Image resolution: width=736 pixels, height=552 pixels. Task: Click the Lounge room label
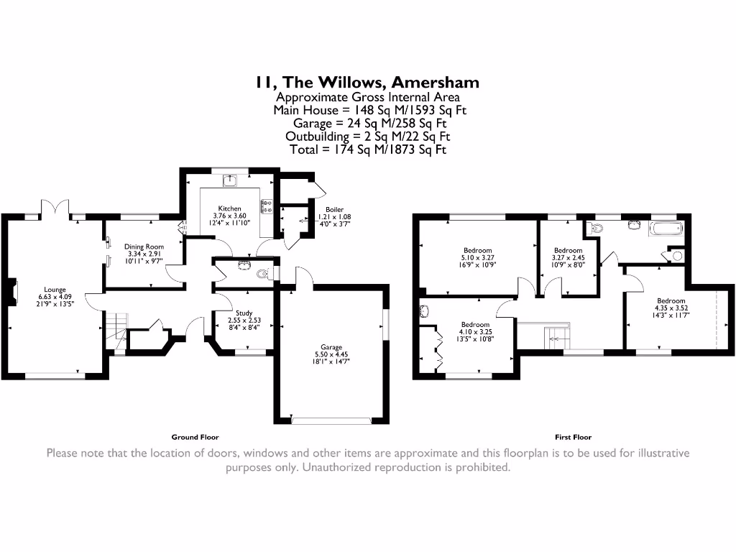click(x=55, y=290)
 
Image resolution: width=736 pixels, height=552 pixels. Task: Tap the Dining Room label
click(x=144, y=247)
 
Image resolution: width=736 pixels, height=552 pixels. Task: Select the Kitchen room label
click(x=229, y=208)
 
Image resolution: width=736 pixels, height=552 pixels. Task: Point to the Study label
click(x=244, y=313)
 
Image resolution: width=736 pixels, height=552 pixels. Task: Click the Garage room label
click(x=331, y=347)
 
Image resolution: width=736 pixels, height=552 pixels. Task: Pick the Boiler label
click(x=335, y=209)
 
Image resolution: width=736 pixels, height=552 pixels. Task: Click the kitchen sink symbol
click(x=230, y=180)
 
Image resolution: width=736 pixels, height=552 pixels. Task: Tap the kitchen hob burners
click(x=267, y=206)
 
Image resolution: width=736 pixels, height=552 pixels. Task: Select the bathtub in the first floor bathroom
click(x=666, y=229)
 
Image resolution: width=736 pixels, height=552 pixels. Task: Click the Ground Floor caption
click(x=195, y=437)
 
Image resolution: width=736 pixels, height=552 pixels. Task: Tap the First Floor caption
click(x=573, y=437)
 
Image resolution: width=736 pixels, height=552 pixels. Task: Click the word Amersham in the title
click(x=435, y=82)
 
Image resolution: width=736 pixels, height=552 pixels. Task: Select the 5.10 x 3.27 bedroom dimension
click(x=478, y=258)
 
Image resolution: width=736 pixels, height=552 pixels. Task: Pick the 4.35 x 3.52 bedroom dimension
click(x=671, y=308)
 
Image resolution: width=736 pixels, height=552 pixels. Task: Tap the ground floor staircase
click(x=116, y=331)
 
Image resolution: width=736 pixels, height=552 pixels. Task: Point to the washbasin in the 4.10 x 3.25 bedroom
click(x=424, y=311)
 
